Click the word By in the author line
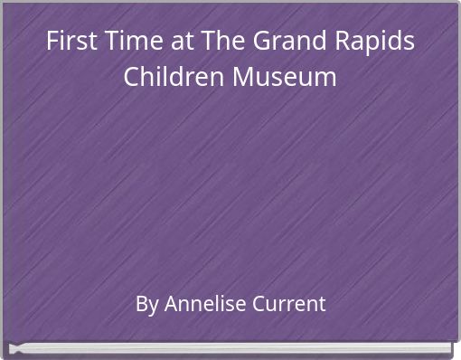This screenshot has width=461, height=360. (146, 304)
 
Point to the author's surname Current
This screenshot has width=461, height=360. (289, 304)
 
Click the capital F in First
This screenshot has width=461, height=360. (53, 43)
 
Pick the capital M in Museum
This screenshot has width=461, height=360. (244, 77)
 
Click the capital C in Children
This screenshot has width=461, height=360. (132, 77)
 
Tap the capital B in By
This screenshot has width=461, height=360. (141, 304)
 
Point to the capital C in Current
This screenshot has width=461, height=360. (260, 304)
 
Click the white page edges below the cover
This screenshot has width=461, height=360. (230, 348)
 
